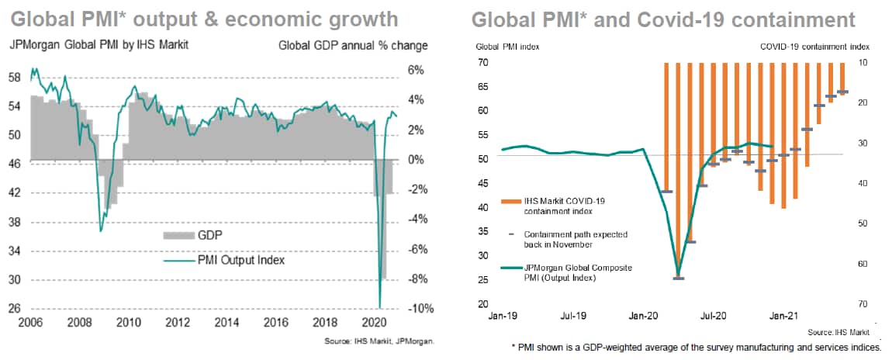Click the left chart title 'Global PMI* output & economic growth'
[x=206, y=19]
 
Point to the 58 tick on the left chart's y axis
[x=16, y=78]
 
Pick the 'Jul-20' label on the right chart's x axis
[x=713, y=316]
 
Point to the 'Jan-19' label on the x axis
[x=502, y=316]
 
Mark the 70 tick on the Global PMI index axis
[x=483, y=62]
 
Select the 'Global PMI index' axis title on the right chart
[x=507, y=47]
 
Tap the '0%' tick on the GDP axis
[x=417, y=160]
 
